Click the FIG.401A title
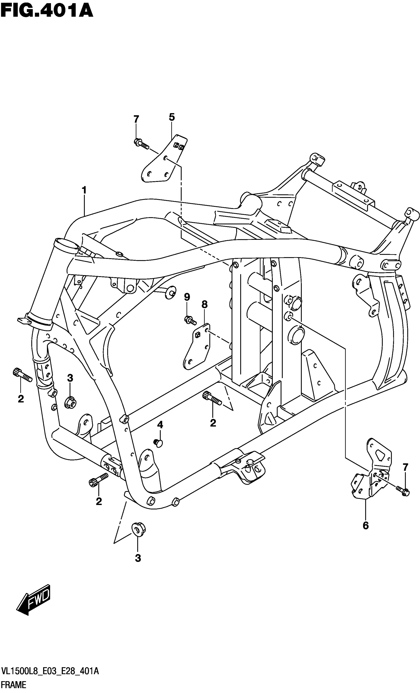46,11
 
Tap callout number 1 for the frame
84,190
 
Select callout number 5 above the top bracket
172,117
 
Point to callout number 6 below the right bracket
365,525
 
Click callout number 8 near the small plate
205,304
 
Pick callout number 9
187,297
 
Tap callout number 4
160,425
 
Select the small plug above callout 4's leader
159,443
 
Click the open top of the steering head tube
67,244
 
